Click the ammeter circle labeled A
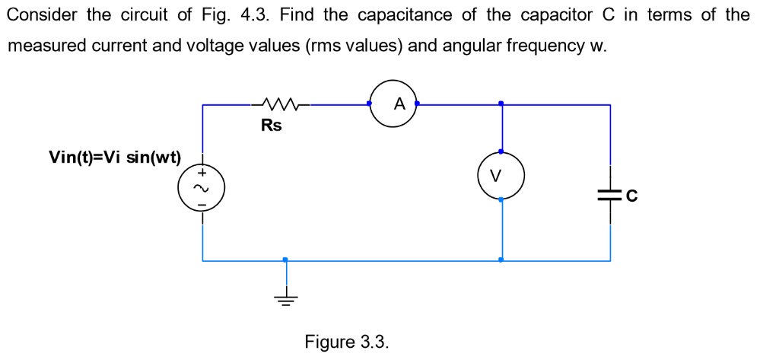(393, 105)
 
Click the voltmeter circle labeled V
(500, 176)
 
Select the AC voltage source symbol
(202, 188)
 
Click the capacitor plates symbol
(610, 196)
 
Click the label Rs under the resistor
(271, 126)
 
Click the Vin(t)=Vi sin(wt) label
(115, 158)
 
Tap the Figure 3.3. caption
(347, 342)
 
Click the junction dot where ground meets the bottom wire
(285, 260)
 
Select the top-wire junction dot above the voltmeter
(500, 104)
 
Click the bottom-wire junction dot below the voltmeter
(500, 260)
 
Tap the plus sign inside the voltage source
(202, 174)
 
